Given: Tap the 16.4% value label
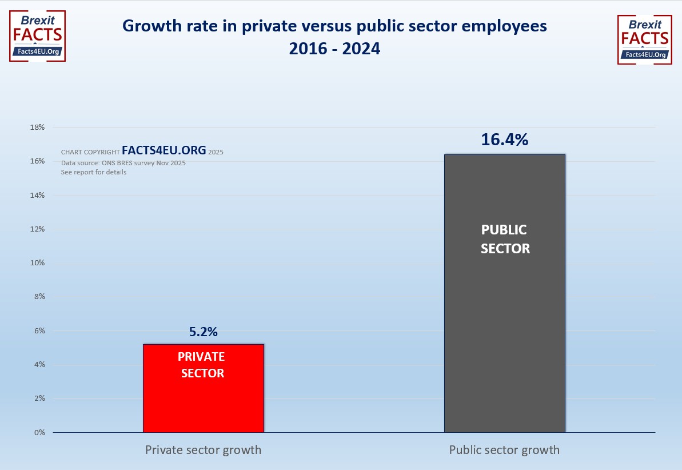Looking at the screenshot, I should pos(504,140).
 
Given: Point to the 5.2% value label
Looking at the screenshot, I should pos(203,332).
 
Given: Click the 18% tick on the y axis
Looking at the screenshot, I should pos(37,128).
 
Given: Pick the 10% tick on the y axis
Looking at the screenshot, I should pos(37,263).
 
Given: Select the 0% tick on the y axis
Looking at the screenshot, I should pos(39,432).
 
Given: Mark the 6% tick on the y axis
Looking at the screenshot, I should pos(39,330).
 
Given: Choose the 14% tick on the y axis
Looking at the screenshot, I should pos(37,195).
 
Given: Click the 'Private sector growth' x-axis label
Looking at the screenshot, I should pos(203,450).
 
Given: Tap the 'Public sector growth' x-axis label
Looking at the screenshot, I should pos(504,450).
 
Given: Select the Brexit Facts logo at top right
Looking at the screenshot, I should pos(644,39).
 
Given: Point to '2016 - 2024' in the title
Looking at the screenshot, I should pos(334,49).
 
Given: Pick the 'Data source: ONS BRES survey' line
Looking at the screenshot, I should pos(123,163).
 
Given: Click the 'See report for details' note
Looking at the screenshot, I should pos(94,172).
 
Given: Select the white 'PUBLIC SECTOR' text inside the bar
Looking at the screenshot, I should pos(505,239).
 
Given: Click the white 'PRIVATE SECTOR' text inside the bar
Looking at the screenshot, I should pos(201,365).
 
